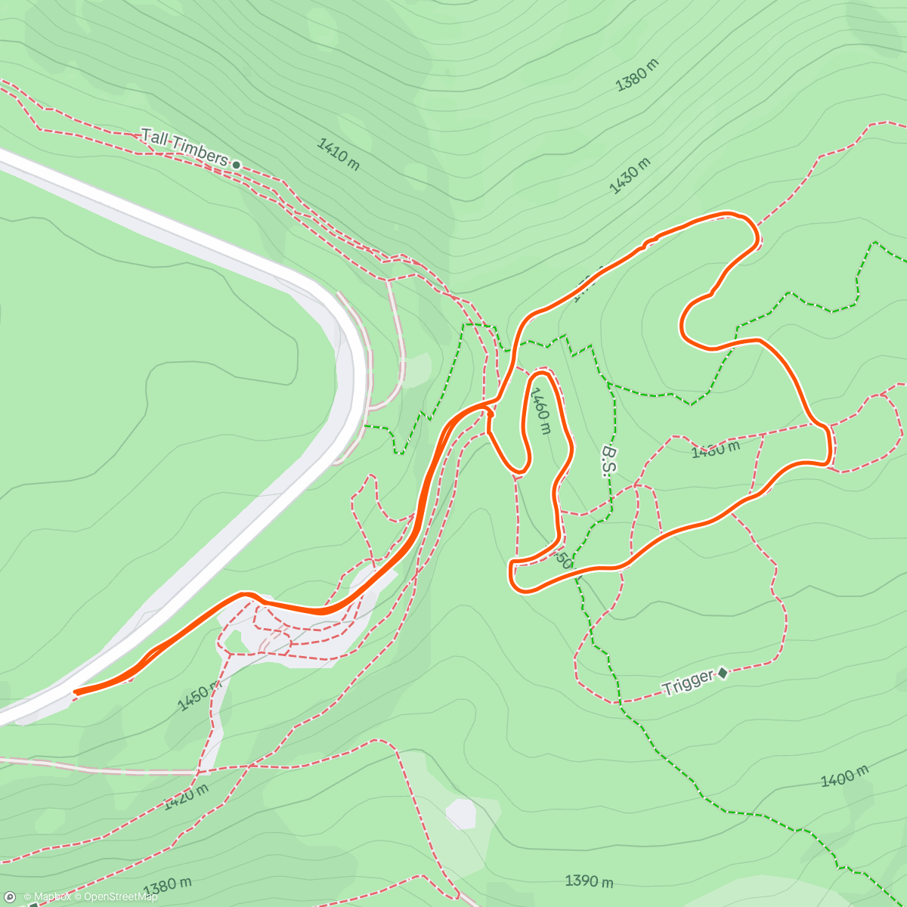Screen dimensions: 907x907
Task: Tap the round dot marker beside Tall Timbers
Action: coord(236,164)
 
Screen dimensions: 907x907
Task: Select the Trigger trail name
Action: coord(687,683)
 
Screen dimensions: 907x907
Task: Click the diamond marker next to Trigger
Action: coord(723,672)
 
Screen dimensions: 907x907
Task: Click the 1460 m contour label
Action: coord(540,411)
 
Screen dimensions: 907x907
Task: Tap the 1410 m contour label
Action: coord(338,154)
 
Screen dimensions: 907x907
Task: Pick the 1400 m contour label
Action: coord(844,776)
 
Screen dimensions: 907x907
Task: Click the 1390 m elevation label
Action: coord(589,881)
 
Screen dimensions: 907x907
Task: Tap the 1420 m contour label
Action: coord(186,797)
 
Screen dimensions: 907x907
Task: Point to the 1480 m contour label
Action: coord(715,450)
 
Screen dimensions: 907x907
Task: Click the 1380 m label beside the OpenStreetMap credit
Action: coord(167,885)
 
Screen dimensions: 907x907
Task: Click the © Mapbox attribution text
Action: coord(48,897)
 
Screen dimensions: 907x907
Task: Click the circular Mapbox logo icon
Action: coord(9,897)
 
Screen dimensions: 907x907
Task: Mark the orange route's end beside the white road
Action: coord(76,692)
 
